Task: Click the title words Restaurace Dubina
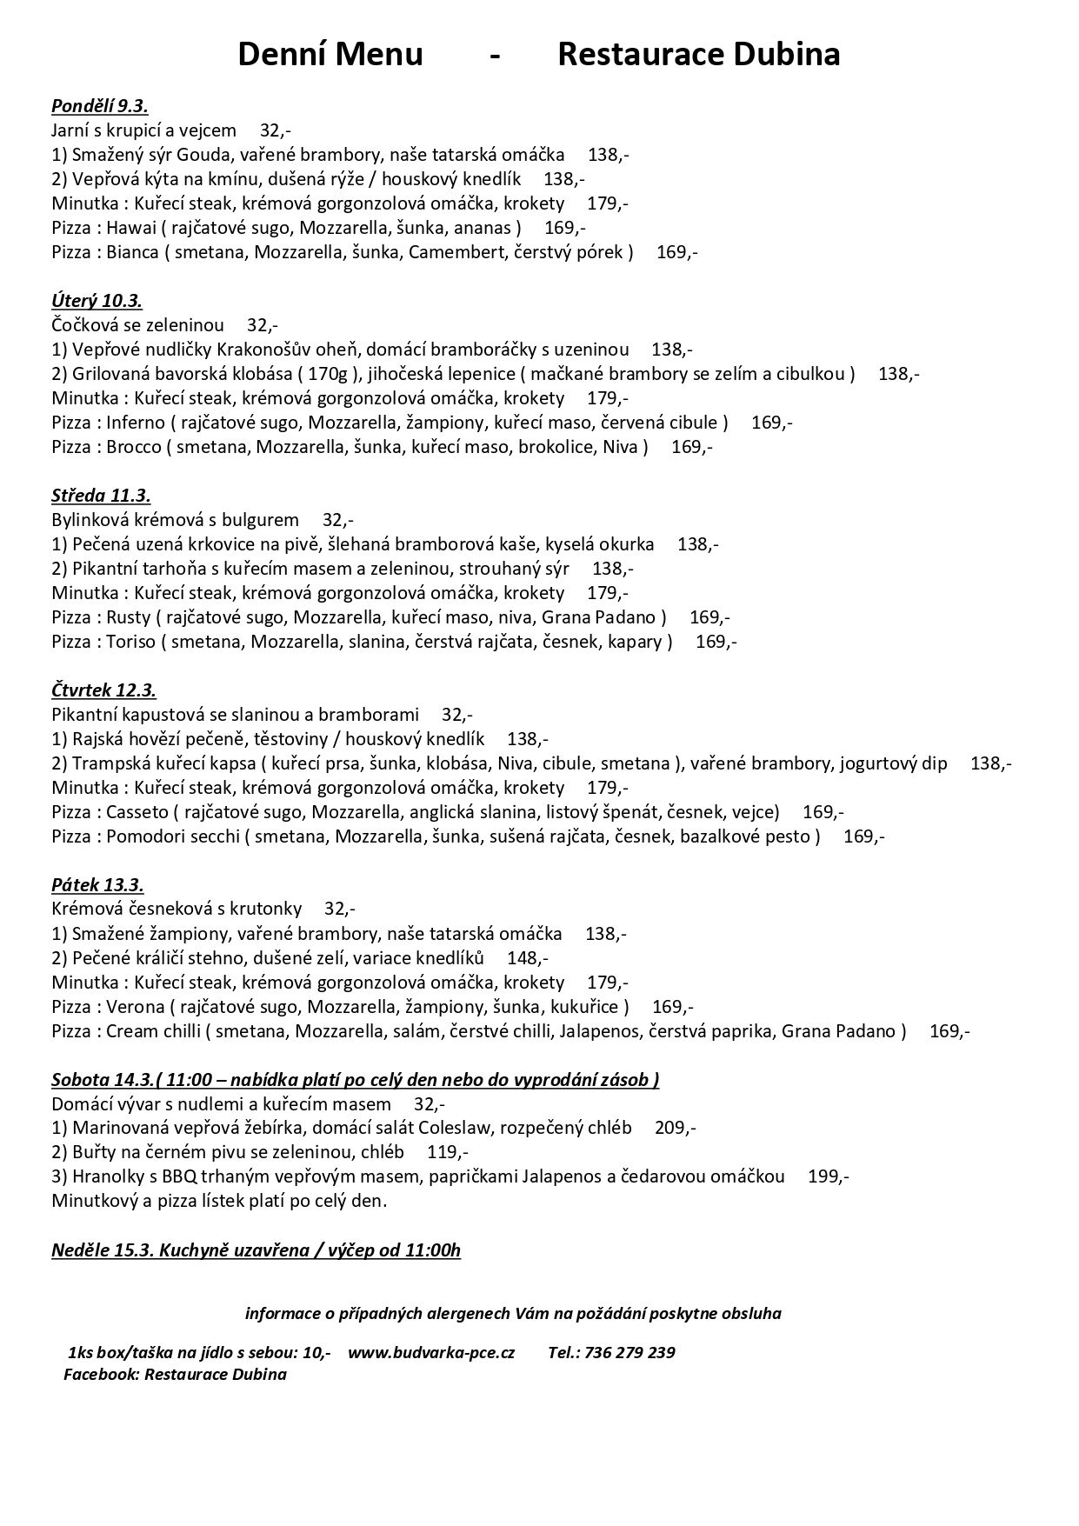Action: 698,55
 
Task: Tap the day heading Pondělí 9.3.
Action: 99,106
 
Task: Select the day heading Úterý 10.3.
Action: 97,301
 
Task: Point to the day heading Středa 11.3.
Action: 101,496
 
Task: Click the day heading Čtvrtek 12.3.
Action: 103,690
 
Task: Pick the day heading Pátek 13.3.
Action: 97,885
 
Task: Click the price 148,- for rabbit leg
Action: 527,958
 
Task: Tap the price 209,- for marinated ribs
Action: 675,1129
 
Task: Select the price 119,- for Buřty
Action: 448,1153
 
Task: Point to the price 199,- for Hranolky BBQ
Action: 828,1177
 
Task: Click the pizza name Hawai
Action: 130,228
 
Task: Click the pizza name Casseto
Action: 137,812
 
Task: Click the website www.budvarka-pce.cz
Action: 431,1353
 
